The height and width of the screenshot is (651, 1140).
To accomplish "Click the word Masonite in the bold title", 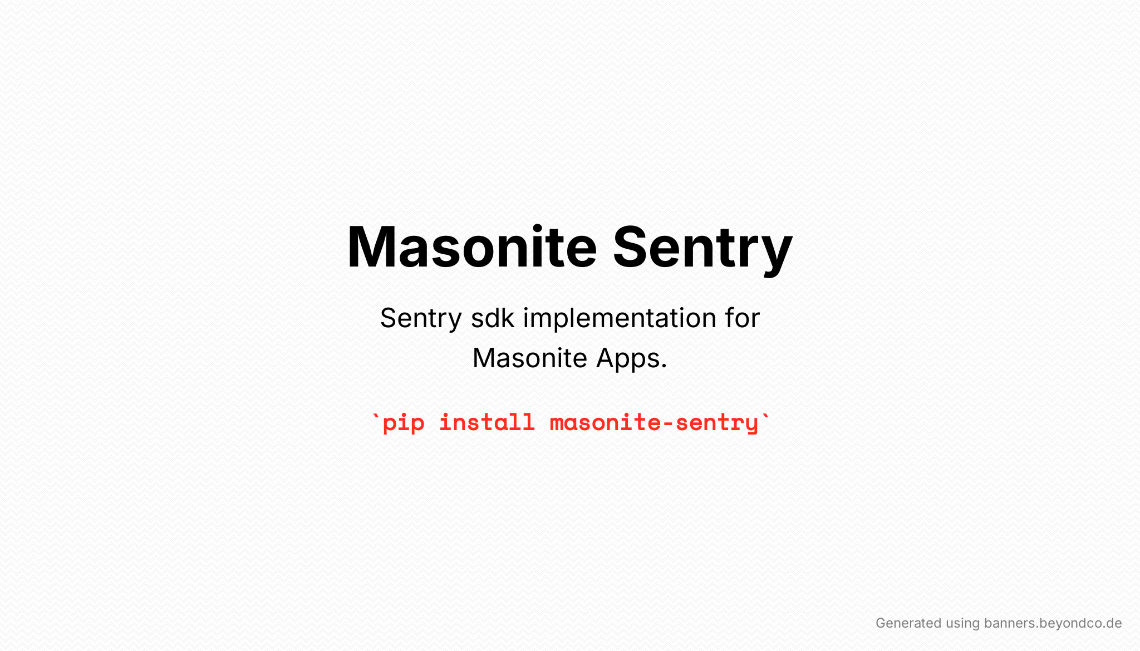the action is click(472, 246).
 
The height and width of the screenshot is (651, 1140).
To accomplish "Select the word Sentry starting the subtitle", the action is click(421, 319).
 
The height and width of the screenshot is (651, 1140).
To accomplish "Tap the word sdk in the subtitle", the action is click(493, 318).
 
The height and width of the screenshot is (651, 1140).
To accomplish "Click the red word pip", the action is click(404, 423).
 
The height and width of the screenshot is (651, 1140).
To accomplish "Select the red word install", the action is click(487, 422).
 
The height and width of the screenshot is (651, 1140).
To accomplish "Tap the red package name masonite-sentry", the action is click(654, 423).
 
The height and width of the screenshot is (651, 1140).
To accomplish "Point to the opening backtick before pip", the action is click(376, 416).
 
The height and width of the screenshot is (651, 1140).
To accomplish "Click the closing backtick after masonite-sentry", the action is click(766, 416).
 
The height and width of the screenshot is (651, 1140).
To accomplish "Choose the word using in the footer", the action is click(962, 624).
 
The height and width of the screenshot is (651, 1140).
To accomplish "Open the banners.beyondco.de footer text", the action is click(1053, 623).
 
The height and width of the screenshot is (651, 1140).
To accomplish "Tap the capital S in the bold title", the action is click(632, 246).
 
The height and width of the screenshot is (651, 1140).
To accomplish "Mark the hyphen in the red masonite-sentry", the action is click(668, 423).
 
